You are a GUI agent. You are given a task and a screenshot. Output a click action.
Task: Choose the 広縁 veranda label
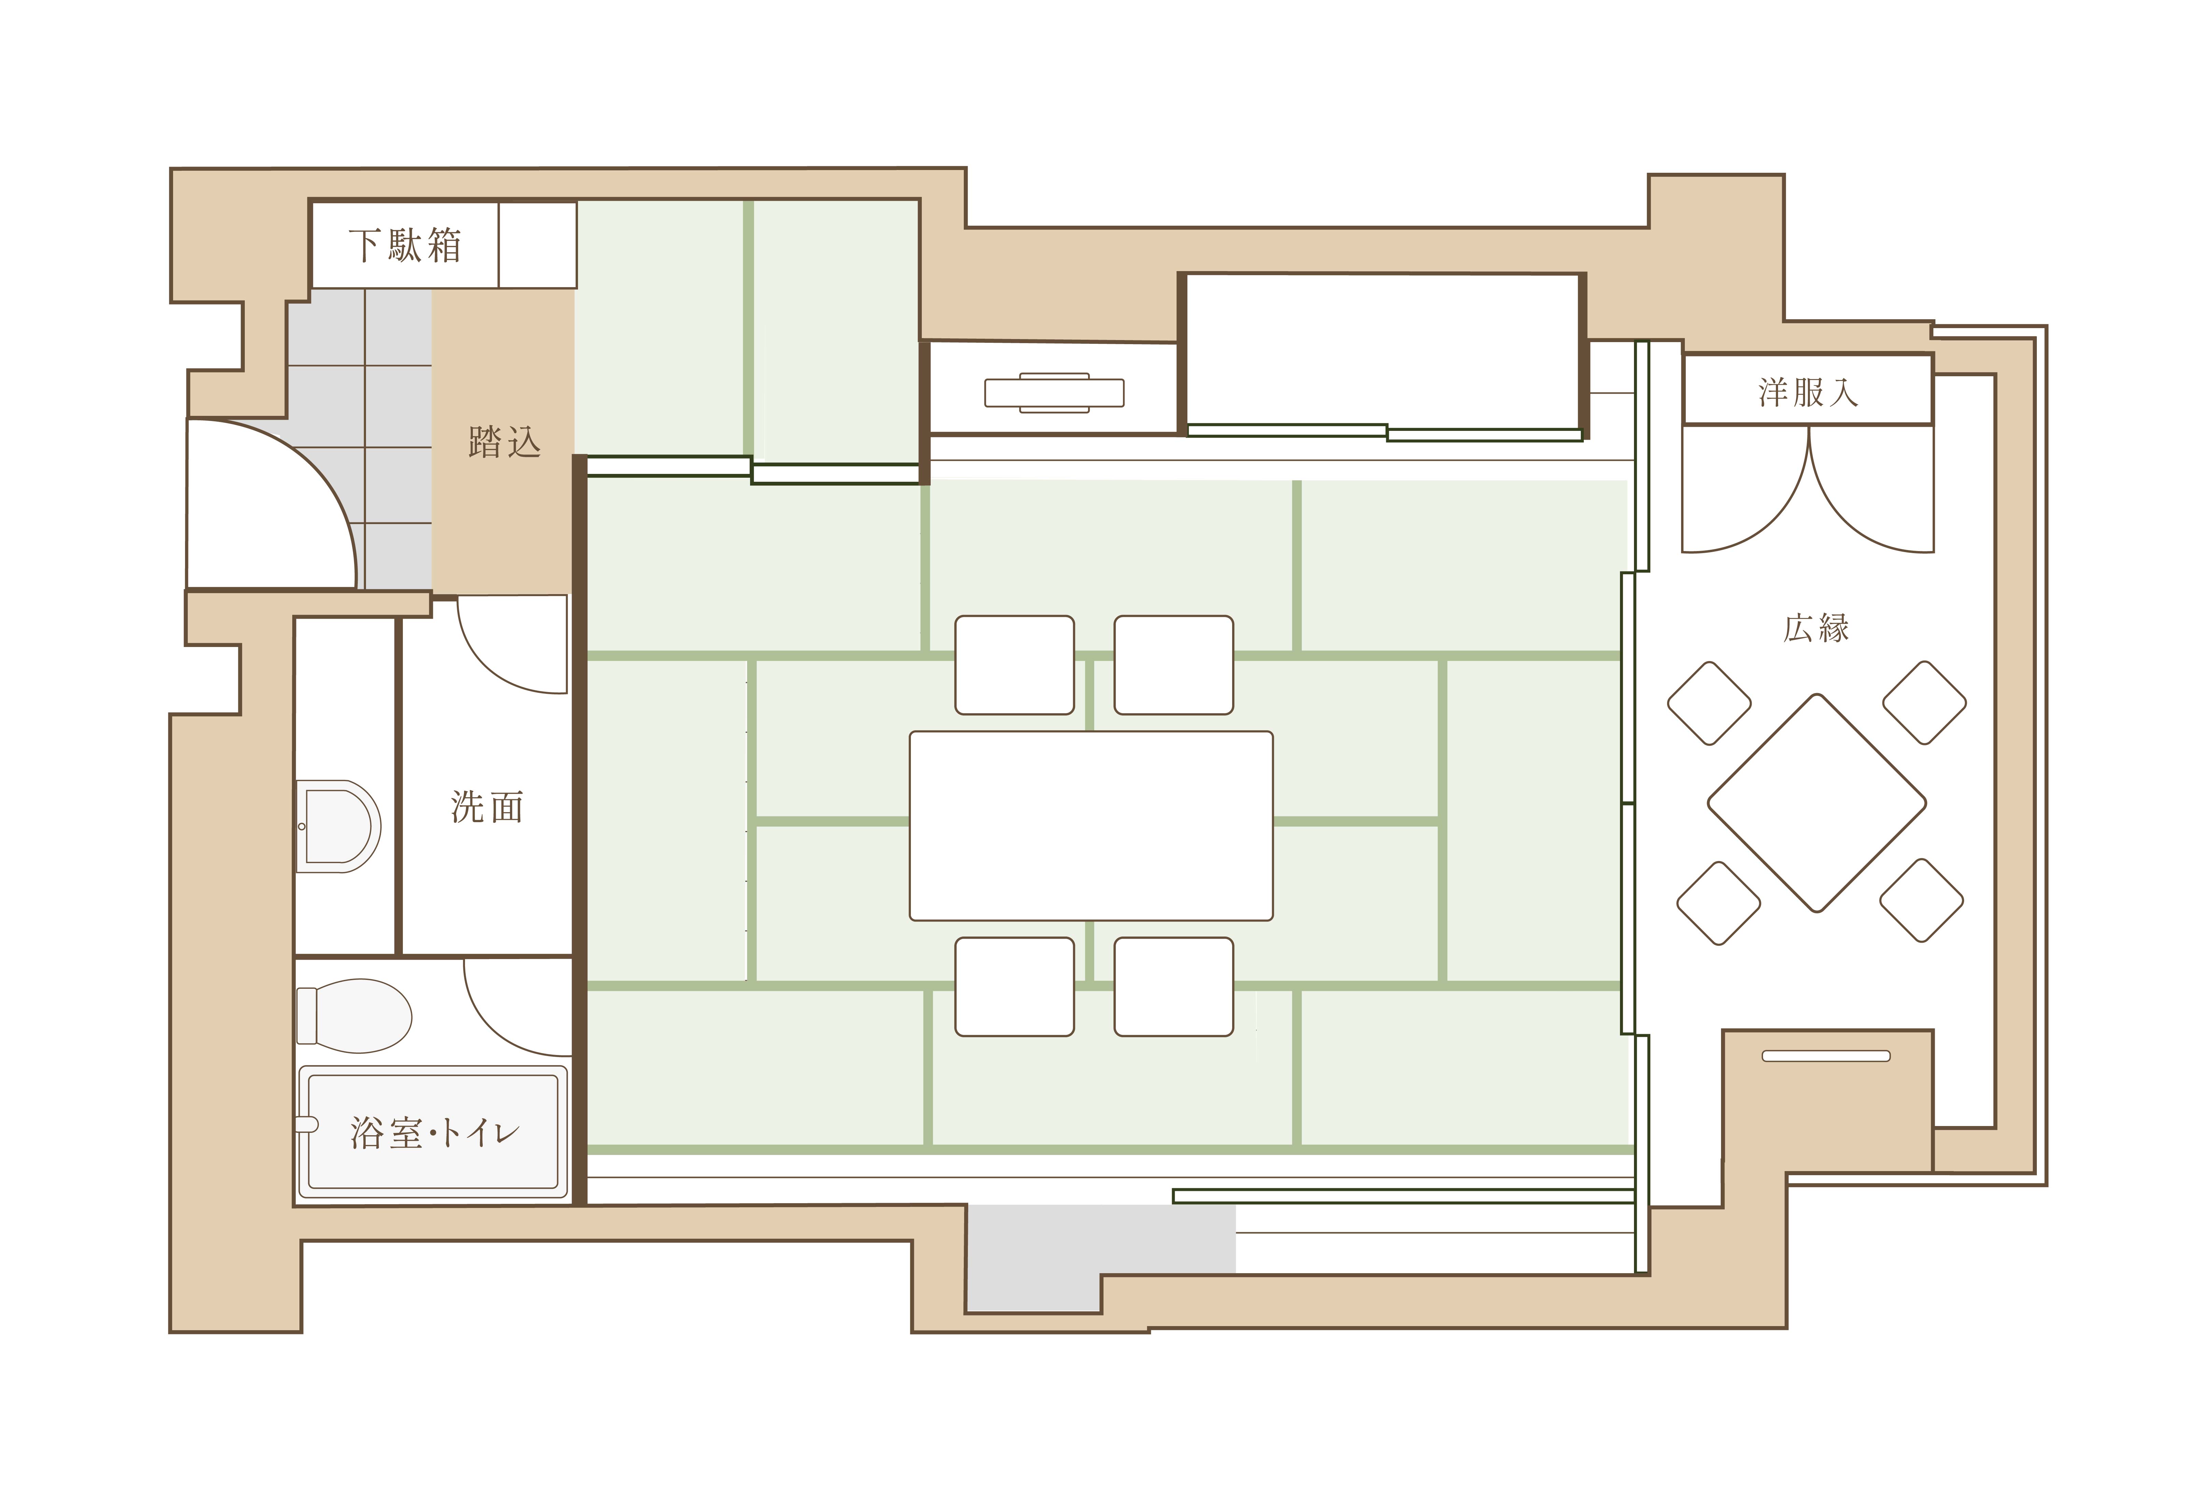point(1816,628)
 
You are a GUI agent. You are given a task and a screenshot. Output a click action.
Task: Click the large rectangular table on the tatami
point(1090,826)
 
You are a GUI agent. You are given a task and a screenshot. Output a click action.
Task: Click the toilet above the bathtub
point(355,1016)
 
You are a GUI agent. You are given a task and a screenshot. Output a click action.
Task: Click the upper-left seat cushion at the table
point(1014,665)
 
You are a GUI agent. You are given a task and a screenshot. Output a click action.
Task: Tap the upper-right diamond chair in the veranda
point(1923,702)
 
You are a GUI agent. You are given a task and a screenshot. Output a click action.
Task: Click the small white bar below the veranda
point(1825,1056)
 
